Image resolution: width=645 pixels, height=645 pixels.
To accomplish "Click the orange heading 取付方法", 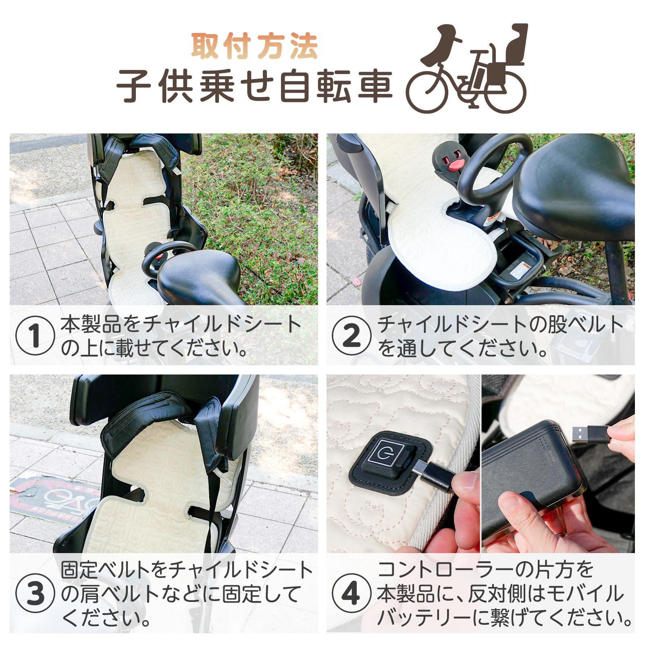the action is (x=254, y=47).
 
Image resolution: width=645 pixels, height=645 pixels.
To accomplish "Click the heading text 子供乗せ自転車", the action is (x=254, y=86).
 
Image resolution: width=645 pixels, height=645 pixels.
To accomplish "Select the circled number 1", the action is (x=35, y=336).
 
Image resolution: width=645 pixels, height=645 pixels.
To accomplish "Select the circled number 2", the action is (x=351, y=336).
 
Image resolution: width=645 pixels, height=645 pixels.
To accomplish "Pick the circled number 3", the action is (x=35, y=595).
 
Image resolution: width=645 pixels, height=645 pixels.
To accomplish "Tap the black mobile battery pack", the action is (x=532, y=480).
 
